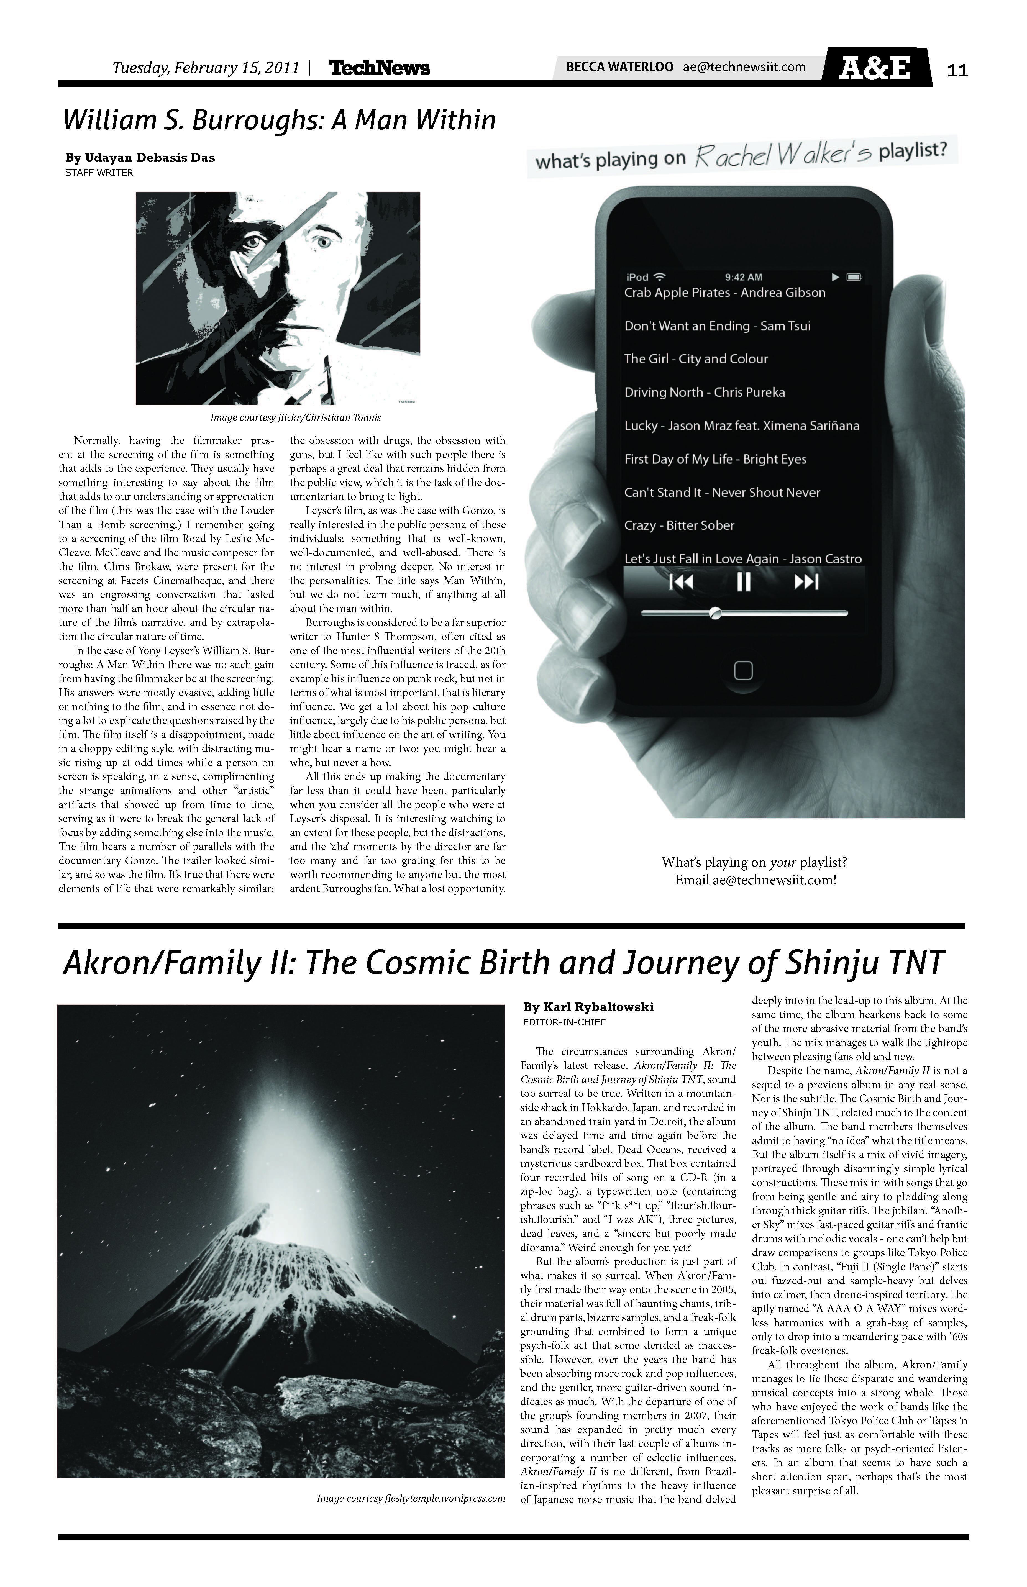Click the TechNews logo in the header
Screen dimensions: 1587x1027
point(380,68)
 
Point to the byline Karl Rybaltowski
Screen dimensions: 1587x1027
point(588,1007)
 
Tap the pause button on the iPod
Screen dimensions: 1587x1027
point(743,582)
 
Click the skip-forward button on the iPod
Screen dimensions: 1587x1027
point(806,582)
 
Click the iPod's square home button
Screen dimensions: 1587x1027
point(743,670)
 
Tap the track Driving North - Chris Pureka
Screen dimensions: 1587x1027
point(704,392)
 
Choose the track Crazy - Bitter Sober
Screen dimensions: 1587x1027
point(679,525)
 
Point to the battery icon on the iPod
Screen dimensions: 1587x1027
point(854,277)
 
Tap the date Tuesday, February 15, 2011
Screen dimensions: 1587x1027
point(205,68)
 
